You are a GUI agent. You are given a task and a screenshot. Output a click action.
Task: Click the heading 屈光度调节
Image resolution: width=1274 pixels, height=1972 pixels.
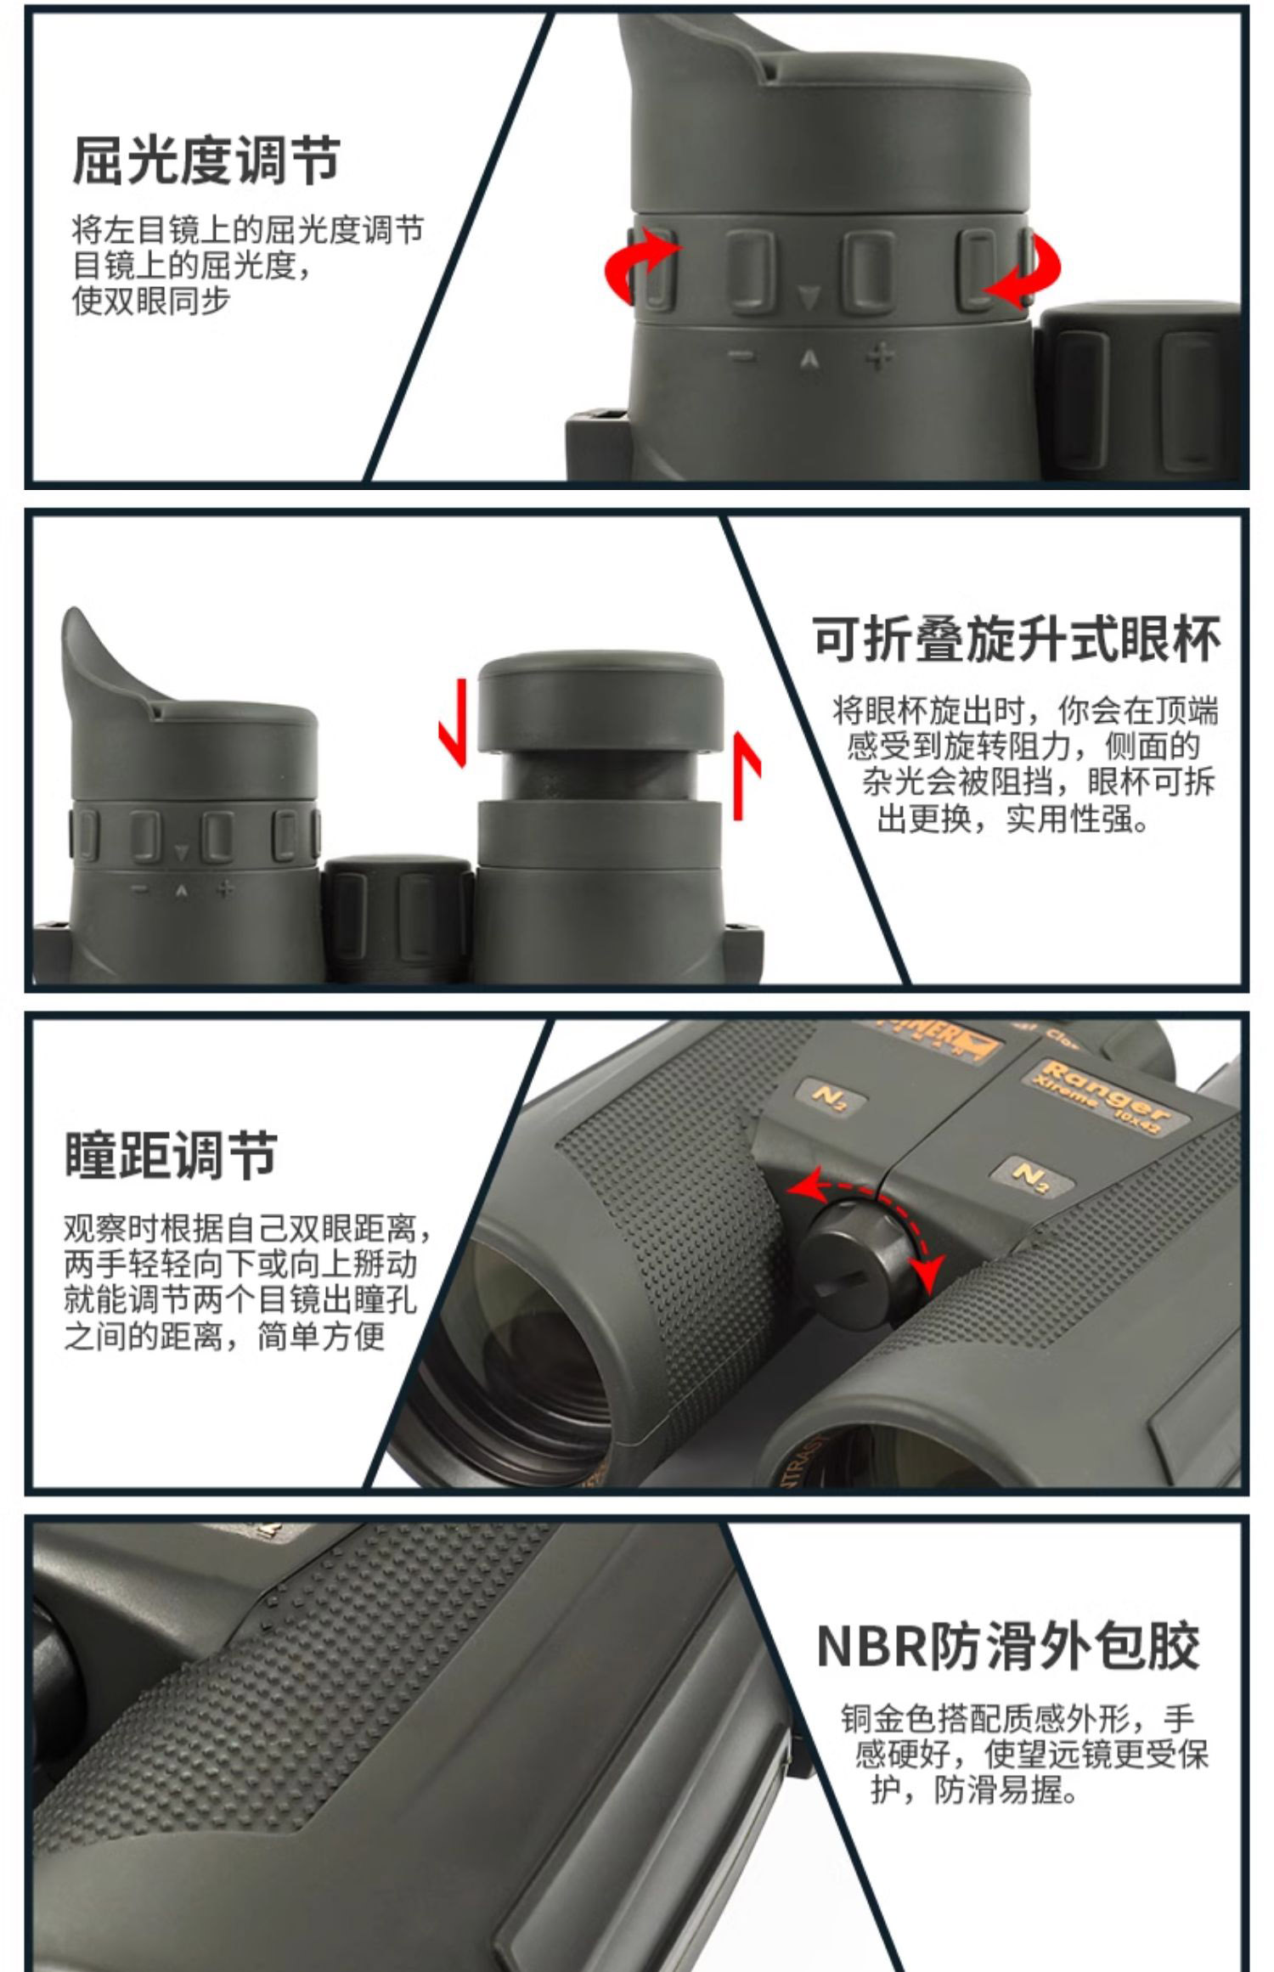click(x=206, y=161)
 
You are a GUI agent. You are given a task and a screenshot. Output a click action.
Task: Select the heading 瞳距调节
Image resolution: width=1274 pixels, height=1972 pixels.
click(x=171, y=1155)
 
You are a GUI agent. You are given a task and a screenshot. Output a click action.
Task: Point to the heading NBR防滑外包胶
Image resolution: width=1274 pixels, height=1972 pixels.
click(x=1008, y=1646)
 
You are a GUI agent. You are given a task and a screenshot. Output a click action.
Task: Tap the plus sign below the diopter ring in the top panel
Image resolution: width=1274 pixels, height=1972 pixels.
click(x=879, y=356)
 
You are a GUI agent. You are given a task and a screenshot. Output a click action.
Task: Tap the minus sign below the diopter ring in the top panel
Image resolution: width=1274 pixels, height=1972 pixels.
click(x=744, y=358)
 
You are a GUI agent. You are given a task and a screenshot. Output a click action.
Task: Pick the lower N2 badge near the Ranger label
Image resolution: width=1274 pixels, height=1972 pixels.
click(x=1030, y=1175)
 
